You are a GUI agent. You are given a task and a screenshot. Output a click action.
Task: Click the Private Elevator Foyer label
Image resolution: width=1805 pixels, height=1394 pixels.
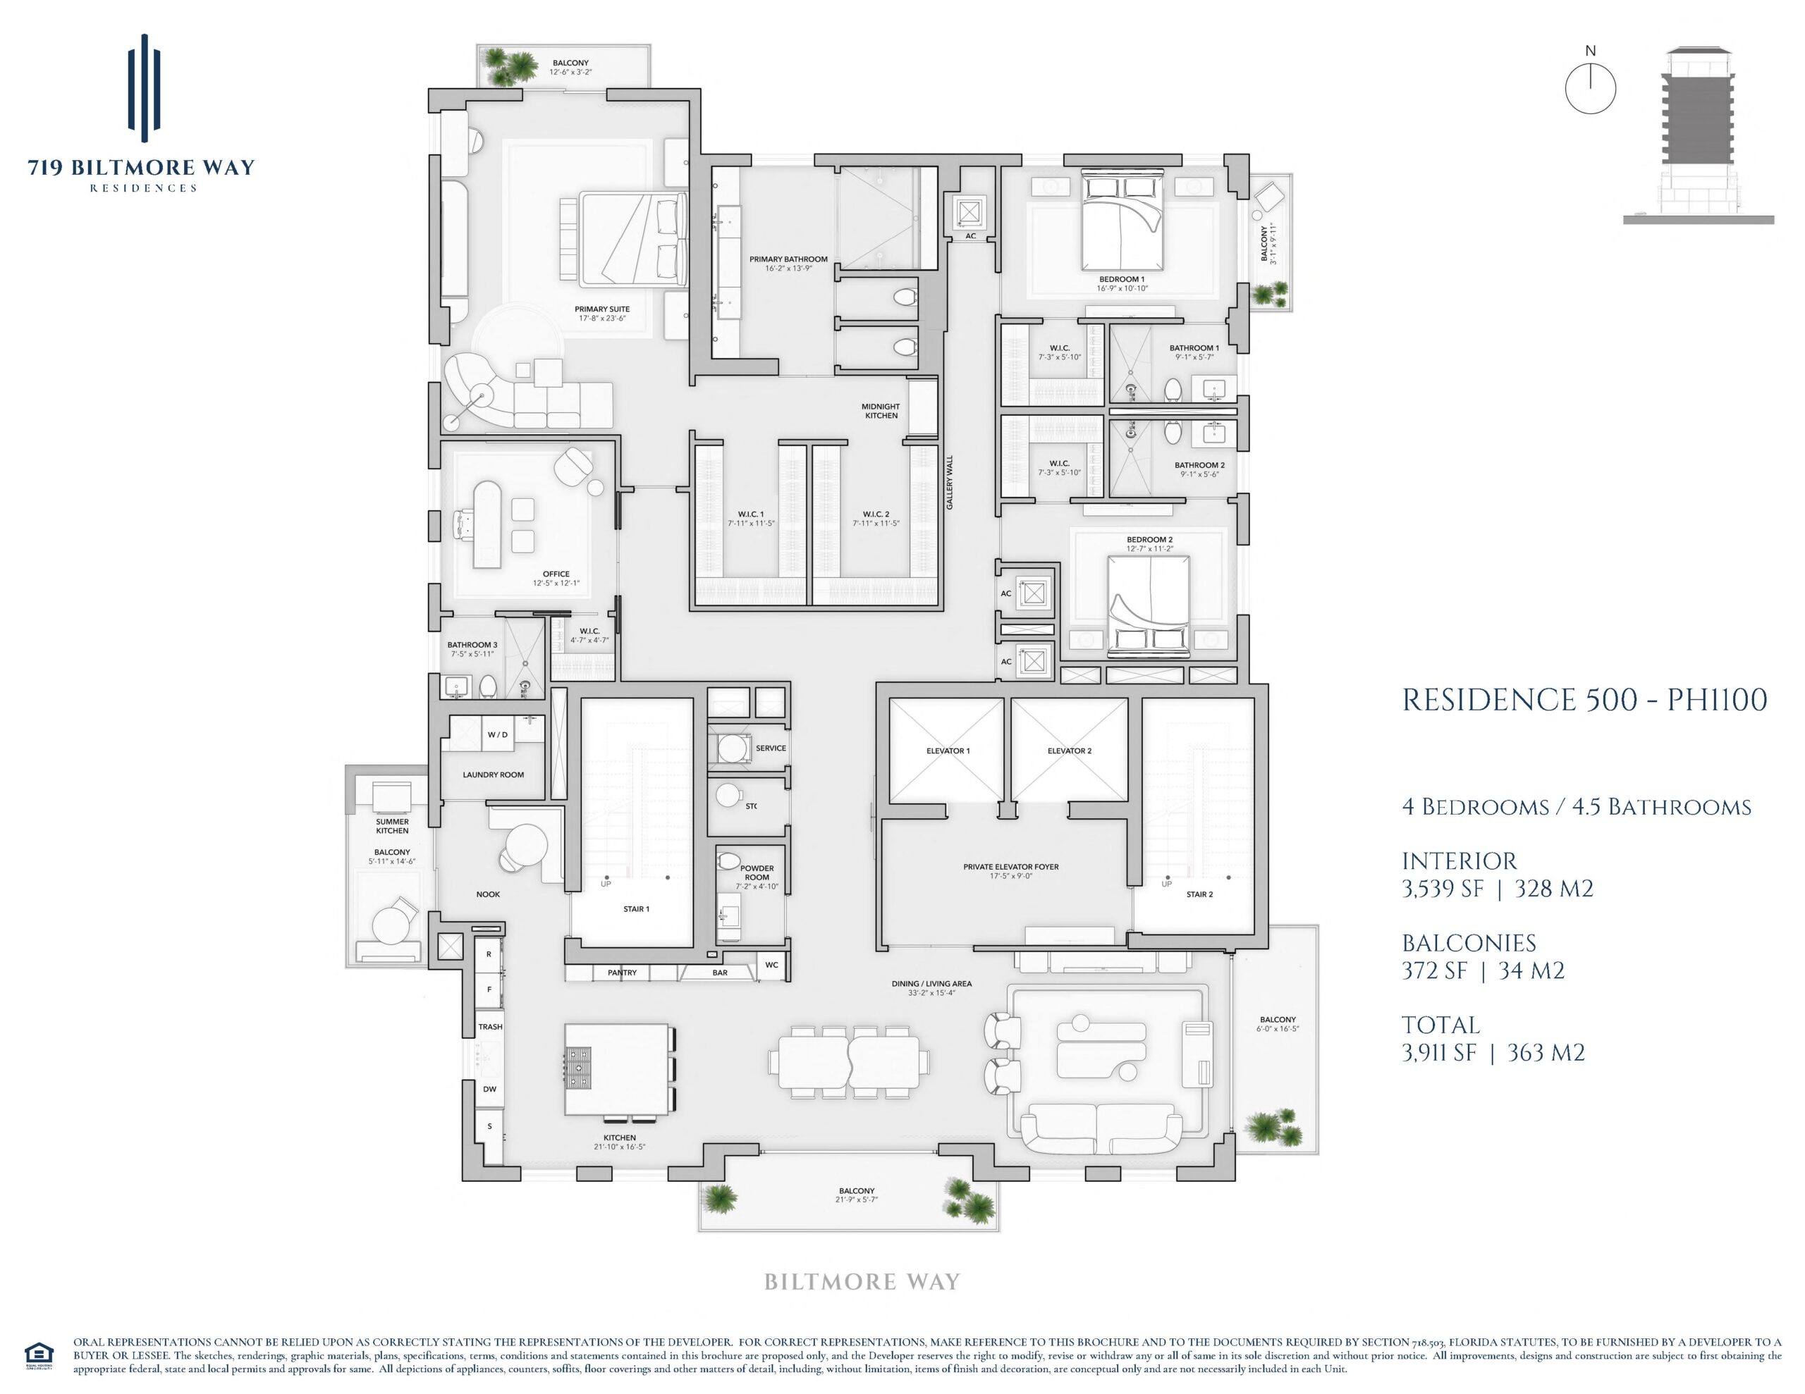click(x=1011, y=867)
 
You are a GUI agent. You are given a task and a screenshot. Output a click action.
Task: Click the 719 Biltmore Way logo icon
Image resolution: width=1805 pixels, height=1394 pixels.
click(x=144, y=87)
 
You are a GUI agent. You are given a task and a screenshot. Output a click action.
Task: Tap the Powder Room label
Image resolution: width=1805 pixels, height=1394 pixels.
click(x=757, y=872)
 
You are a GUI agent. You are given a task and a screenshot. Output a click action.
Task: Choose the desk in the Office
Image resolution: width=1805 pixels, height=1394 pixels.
click(x=486, y=525)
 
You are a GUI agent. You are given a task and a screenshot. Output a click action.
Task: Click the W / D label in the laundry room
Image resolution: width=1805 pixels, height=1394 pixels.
click(x=498, y=734)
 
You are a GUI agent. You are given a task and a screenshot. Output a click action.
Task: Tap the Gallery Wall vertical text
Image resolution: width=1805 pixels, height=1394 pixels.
click(x=950, y=483)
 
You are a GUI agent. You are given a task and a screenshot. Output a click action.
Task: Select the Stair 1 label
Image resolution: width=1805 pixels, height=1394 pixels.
click(x=637, y=909)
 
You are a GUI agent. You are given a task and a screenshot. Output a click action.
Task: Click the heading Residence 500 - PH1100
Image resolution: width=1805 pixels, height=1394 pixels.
click(x=1584, y=700)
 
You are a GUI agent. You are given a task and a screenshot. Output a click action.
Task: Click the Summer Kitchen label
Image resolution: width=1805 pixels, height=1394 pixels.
click(x=393, y=826)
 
